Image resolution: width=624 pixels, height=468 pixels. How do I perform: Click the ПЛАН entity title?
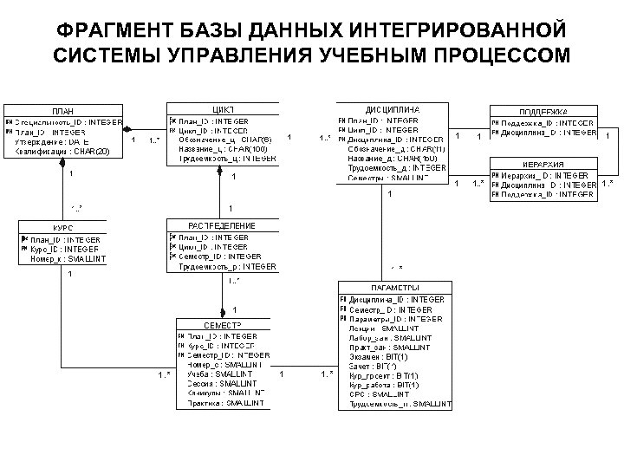[62, 112]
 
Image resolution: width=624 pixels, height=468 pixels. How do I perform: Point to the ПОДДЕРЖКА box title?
[543, 112]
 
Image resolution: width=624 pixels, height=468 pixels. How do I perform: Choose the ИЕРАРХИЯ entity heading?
[543, 165]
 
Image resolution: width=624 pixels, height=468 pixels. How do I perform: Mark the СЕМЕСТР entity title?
[223, 324]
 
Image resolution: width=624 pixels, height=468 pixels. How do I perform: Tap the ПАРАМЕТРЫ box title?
[395, 288]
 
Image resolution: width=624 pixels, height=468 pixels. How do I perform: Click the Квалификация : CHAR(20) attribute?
[62, 152]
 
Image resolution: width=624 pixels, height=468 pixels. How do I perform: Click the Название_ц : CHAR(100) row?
[224, 149]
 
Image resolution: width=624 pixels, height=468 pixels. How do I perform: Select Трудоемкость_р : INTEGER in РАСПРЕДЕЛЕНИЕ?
[227, 267]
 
